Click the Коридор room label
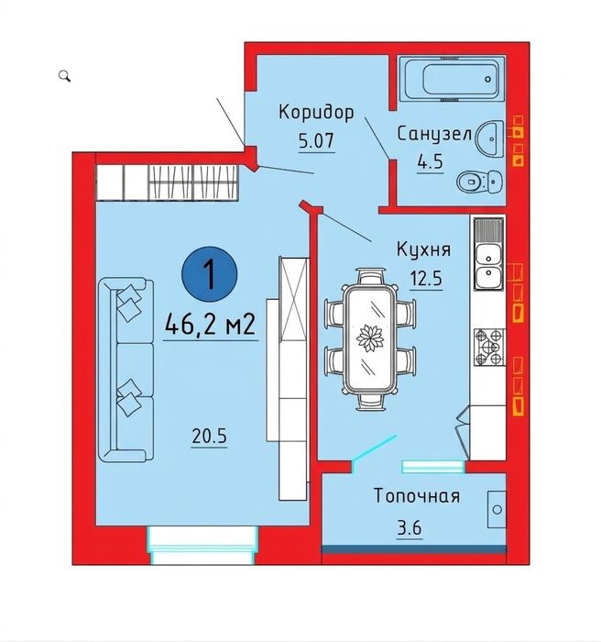pyautogui.click(x=316, y=112)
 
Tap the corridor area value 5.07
pyautogui.click(x=316, y=141)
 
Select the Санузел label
pyautogui.click(x=434, y=134)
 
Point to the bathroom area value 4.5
pyautogui.click(x=430, y=162)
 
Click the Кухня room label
pyautogui.click(x=424, y=249)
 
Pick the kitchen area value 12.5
pyautogui.click(x=426, y=279)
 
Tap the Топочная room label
pyautogui.click(x=417, y=496)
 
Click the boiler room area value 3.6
pyautogui.click(x=410, y=527)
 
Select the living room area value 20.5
pyautogui.click(x=209, y=437)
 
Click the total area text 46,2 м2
pyautogui.click(x=211, y=325)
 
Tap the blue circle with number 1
pyautogui.click(x=210, y=274)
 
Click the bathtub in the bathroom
pyautogui.click(x=452, y=78)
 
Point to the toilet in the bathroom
pyautogui.click(x=479, y=181)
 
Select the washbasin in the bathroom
pyautogui.click(x=489, y=138)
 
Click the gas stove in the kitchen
pyautogui.click(x=489, y=348)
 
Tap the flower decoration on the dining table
pyautogui.click(x=370, y=338)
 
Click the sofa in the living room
pyautogui.click(x=126, y=370)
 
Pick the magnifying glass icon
pyautogui.click(x=65, y=76)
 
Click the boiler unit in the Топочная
pyautogui.click(x=497, y=509)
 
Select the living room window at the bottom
pyautogui.click(x=202, y=545)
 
